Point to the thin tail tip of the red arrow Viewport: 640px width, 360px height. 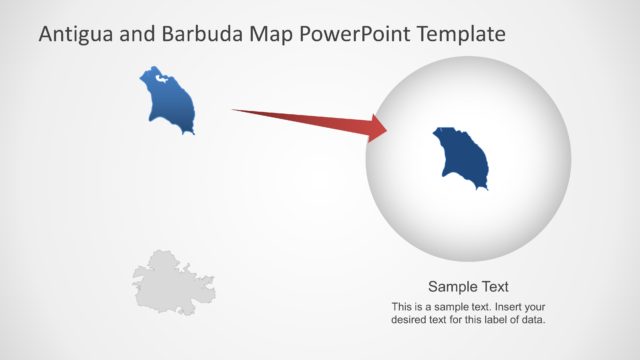(236, 110)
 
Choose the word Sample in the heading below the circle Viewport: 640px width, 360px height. (451, 285)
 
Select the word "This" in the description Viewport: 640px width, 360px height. (402, 306)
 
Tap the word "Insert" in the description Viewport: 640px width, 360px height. (506, 306)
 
